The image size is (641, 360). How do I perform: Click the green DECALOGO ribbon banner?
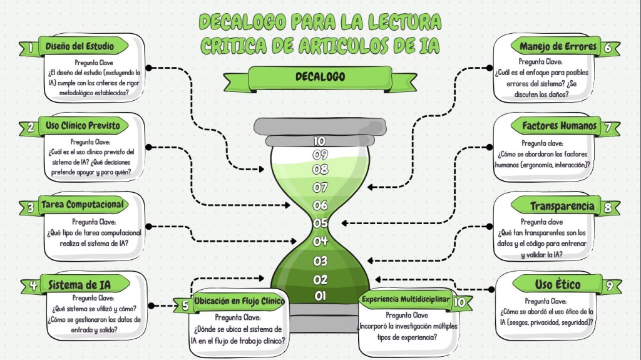pos(320,78)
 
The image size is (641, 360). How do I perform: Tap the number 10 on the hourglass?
pos(320,141)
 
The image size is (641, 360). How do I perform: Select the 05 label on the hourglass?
pos(320,222)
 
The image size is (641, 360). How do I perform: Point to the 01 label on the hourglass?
pos(320,296)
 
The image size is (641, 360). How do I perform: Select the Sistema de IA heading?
pos(84,285)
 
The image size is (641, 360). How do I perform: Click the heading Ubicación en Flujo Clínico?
pos(238,302)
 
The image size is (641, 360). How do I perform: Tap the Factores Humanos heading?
pos(559,126)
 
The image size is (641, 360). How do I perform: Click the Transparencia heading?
pos(562,206)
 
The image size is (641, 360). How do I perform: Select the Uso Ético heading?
pos(558,285)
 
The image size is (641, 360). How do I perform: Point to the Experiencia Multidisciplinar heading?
pos(406,299)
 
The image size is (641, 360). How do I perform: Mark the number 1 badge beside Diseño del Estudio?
pos(29,47)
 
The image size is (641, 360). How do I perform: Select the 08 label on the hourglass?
pos(320,169)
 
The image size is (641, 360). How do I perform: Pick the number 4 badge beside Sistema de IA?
pos(33,285)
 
